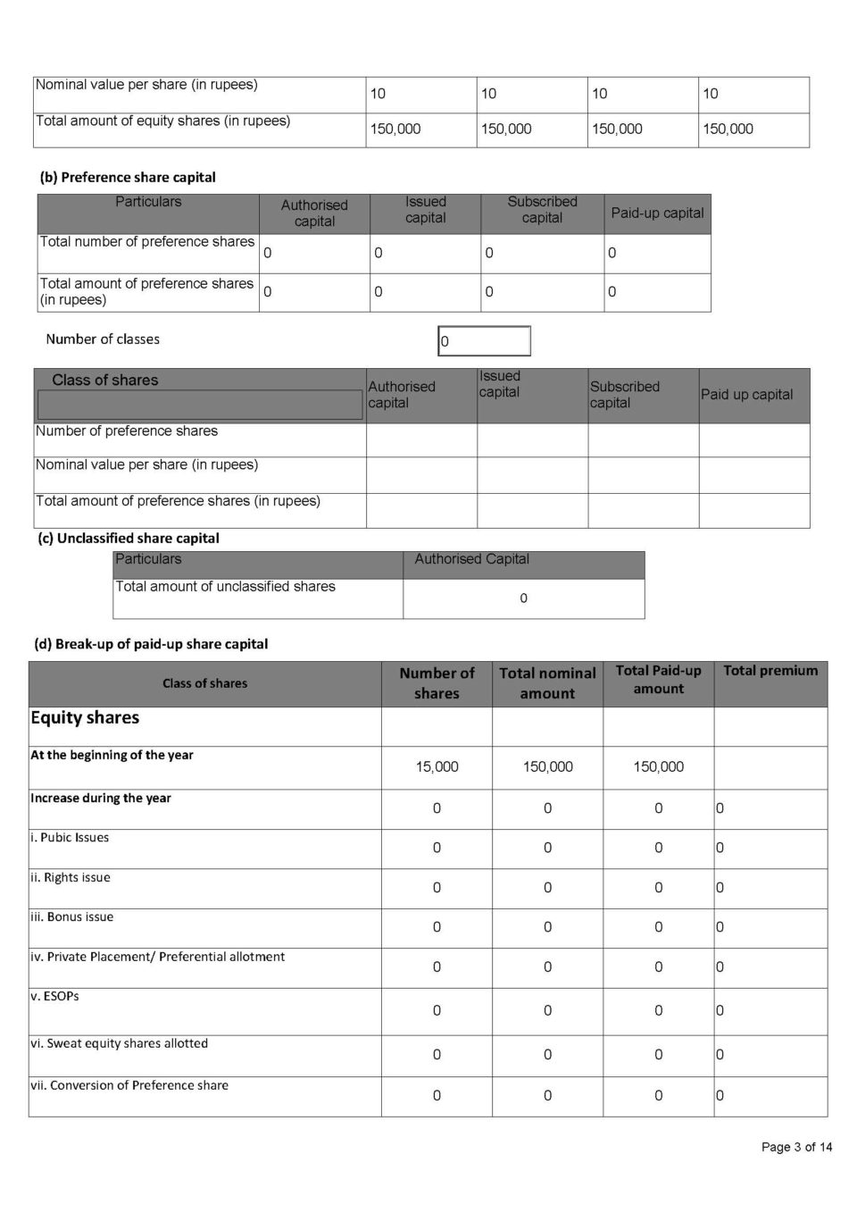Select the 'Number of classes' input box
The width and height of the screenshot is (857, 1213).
[484, 341]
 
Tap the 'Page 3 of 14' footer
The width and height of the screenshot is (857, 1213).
[796, 1147]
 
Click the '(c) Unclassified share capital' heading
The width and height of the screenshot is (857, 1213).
[128, 538]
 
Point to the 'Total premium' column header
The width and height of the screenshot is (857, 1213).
[770, 671]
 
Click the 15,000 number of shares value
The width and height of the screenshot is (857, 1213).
[437, 766]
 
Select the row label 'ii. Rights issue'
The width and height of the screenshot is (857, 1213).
[71, 877]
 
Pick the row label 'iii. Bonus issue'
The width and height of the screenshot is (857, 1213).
[72, 916]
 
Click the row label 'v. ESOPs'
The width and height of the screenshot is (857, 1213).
[54, 996]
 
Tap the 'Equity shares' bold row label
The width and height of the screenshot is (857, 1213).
[85, 718]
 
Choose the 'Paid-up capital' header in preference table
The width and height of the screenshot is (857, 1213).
[657, 213]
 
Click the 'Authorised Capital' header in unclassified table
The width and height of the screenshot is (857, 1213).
[471, 559]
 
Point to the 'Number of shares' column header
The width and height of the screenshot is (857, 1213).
[437, 683]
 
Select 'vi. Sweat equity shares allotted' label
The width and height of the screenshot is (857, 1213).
[119, 1043]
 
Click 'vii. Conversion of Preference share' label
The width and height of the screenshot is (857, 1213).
[129, 1085]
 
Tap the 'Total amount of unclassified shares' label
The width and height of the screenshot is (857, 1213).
[225, 587]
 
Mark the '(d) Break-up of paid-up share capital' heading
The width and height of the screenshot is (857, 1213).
[151, 644]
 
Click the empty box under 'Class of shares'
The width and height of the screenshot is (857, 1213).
[199, 406]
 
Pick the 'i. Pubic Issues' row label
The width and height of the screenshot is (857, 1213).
[70, 838]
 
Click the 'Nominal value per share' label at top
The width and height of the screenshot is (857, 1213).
[146, 85]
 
